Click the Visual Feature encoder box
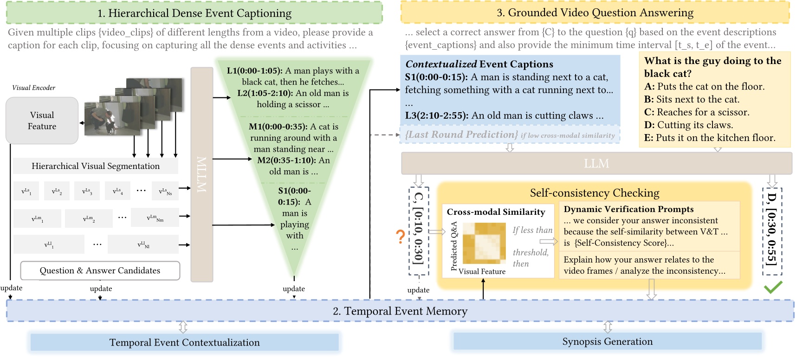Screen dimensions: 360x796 tap(42, 121)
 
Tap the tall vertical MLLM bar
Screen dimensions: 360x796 tap(202, 174)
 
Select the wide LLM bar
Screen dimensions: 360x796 tap(596, 164)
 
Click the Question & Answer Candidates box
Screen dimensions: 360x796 tap(100, 271)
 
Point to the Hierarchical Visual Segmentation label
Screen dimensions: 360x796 tap(96, 166)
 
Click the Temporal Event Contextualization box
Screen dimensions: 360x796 tap(184, 343)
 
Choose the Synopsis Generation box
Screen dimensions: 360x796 tap(607, 342)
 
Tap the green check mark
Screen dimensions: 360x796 tap(773, 287)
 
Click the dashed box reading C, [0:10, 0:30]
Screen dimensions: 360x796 tap(419, 231)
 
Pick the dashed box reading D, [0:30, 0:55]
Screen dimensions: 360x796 tap(772, 231)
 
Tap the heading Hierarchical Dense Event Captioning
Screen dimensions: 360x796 tap(194, 13)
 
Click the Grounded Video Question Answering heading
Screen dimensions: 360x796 tap(595, 13)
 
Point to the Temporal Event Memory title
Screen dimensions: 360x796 tap(400, 311)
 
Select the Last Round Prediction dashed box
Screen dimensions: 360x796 tap(510, 135)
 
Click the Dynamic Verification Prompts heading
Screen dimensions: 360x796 tap(628, 209)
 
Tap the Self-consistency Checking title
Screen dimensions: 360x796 tap(594, 193)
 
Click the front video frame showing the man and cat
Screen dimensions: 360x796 tap(112, 119)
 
